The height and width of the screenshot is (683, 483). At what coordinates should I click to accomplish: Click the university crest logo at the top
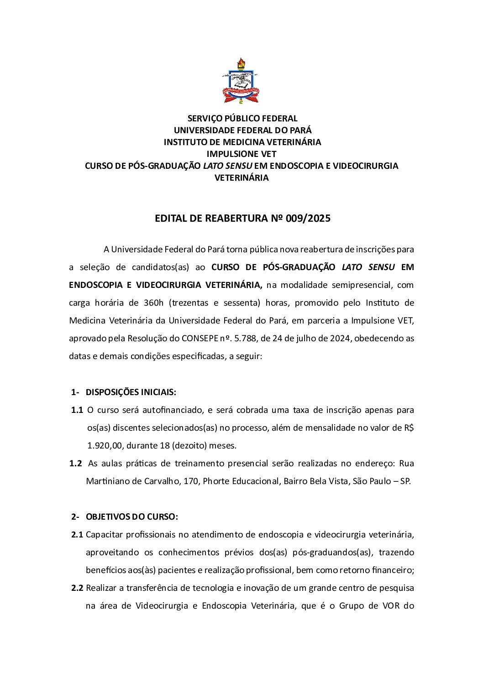click(x=241, y=81)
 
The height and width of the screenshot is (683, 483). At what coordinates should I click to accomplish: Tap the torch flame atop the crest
click(x=241, y=62)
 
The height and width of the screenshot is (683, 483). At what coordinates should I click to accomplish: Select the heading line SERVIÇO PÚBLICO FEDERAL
click(x=242, y=119)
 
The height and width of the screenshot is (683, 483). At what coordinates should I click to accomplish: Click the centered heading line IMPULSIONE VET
click(x=241, y=154)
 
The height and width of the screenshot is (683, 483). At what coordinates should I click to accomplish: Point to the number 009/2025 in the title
click(x=308, y=218)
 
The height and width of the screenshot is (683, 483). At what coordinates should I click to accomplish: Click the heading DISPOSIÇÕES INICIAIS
click(x=131, y=392)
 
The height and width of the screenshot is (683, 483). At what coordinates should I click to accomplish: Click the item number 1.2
click(x=75, y=464)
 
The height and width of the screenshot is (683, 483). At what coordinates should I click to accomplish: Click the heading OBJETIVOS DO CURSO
click(x=131, y=517)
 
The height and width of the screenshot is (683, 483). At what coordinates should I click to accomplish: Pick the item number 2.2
click(x=77, y=588)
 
